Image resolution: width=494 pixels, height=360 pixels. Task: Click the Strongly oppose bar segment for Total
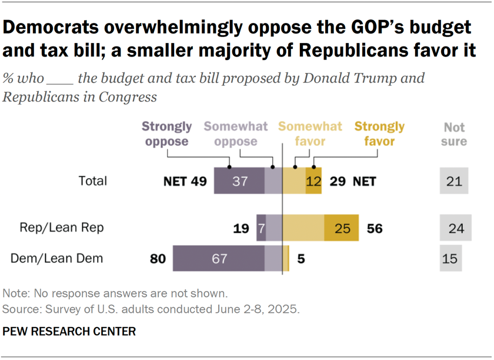[x=239, y=181]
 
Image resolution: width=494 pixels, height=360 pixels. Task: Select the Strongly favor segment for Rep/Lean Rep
[x=341, y=228]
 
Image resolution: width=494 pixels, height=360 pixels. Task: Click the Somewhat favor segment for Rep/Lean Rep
[x=303, y=228]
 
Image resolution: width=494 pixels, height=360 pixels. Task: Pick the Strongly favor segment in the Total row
[x=313, y=181]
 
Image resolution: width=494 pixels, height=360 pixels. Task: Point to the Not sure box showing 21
[x=454, y=181]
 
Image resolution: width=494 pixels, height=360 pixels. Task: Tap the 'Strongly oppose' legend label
[x=167, y=134]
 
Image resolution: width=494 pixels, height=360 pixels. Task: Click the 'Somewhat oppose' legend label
[x=235, y=134]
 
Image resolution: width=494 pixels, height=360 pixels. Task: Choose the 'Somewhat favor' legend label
[x=310, y=134]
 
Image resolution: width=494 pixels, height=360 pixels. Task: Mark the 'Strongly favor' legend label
[x=379, y=134]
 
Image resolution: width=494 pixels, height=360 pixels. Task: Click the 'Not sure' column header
[x=454, y=134]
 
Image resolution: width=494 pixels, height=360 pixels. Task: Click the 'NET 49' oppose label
[x=185, y=182]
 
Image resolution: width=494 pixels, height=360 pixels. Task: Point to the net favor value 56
[x=374, y=228]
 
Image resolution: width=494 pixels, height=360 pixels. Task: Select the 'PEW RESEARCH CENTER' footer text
[x=69, y=332]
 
